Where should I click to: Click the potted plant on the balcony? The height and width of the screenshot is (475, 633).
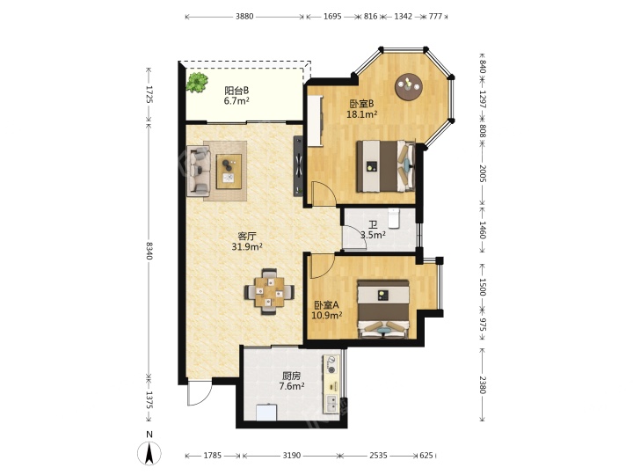(197, 83)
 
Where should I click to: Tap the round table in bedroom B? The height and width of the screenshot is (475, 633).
(409, 86)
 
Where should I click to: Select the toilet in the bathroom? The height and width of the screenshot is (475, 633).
(394, 218)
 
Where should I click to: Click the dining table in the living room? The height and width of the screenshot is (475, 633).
(269, 291)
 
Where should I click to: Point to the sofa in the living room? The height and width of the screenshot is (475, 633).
(198, 172)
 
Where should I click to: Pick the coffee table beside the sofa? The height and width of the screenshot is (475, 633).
(229, 172)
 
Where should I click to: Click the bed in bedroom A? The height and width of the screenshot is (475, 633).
(383, 309)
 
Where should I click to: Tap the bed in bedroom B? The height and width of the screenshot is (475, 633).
(386, 166)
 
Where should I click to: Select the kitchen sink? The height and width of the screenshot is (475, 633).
(331, 403)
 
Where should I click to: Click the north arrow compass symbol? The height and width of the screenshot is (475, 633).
(149, 452)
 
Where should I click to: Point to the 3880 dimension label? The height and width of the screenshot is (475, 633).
(244, 17)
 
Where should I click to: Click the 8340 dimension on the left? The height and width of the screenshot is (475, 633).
(149, 251)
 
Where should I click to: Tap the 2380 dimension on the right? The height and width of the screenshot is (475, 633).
(483, 384)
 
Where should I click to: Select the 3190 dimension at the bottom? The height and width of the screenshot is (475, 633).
(292, 456)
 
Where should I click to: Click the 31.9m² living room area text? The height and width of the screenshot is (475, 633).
(247, 246)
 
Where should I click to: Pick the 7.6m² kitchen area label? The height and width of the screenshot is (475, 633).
(292, 386)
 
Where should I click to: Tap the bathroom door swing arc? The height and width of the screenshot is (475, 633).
(353, 238)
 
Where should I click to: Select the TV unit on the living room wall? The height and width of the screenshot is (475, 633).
(298, 166)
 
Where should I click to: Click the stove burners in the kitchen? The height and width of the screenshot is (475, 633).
(331, 365)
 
